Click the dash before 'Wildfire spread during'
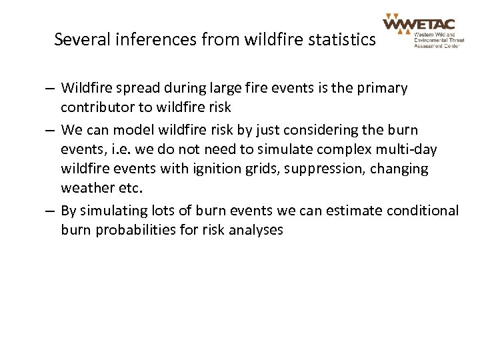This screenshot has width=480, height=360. tap(51, 89)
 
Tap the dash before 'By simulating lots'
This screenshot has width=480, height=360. tap(51, 211)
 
